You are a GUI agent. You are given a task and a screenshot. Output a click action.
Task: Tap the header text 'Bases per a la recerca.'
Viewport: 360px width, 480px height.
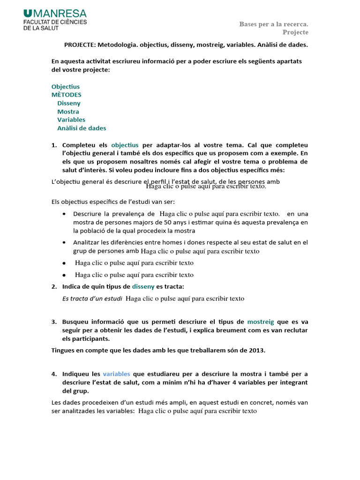274,24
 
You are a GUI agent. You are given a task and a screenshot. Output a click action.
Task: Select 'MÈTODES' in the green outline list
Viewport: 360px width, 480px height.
66,95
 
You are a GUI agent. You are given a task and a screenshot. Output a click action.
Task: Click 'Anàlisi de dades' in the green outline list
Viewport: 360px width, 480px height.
82,128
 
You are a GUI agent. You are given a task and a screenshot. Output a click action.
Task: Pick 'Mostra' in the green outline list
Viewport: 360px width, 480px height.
68,112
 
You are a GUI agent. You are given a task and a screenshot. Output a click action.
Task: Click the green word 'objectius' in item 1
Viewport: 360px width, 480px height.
125,145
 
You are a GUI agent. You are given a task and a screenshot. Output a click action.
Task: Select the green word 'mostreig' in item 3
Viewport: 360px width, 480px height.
261,322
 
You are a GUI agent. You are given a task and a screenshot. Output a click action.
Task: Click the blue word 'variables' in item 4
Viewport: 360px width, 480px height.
116,374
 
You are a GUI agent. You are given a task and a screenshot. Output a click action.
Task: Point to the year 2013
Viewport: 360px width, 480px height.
258,350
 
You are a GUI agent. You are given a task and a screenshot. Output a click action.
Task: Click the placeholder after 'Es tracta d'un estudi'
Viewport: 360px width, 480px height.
185,298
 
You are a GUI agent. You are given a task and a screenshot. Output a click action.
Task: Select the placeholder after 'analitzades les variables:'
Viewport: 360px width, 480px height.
198,411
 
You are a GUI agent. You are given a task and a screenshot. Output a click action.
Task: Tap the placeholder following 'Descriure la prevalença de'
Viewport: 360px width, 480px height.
219,214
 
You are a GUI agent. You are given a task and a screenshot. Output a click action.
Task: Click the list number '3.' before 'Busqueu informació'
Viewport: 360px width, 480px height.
53,322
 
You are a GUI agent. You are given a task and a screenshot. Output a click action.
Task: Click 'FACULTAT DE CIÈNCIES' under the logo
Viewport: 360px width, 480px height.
55,22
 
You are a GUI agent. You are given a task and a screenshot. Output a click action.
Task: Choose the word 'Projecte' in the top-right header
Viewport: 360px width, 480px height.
295,32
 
